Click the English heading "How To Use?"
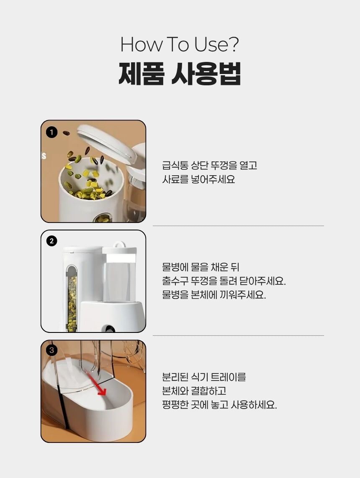tap(180, 44)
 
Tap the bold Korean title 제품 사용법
tap(180, 74)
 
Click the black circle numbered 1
tap(51, 132)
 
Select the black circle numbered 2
tap(51, 241)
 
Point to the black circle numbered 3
tap(51, 350)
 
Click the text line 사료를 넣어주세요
tap(198, 179)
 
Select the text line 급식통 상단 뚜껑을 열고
tap(210, 165)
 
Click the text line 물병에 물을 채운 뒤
tap(201, 267)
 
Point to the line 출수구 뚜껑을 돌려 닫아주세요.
tap(224, 281)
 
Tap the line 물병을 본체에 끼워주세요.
tap(214, 295)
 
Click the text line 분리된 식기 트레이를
tap(204, 377)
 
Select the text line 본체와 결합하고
tap(194, 391)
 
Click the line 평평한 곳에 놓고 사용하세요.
tap(219, 405)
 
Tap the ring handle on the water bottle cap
tap(119, 245)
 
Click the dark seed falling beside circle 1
tap(66, 133)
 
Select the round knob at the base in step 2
tap(109, 329)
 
